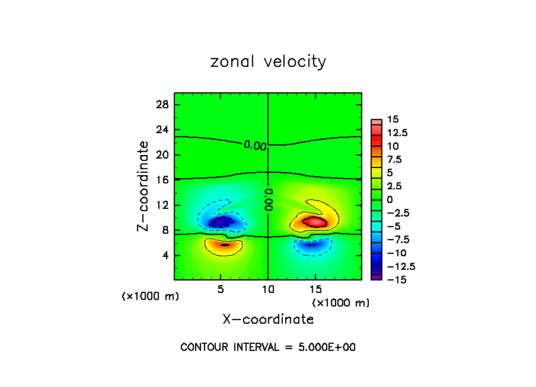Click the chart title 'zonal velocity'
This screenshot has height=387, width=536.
point(268,62)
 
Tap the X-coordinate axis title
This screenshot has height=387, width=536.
point(268,320)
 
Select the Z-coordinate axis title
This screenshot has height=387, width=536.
point(143,186)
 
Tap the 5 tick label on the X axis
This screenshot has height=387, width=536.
point(221,289)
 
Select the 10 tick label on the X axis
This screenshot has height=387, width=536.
point(268,289)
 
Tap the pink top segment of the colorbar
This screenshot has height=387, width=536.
point(377,122)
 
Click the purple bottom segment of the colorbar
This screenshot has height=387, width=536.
point(377,276)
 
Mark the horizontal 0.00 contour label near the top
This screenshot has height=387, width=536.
point(255,146)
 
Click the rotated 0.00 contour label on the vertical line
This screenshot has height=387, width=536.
point(268,200)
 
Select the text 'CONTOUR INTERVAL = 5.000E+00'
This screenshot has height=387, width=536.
point(268,347)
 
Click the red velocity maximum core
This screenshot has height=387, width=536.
point(315,222)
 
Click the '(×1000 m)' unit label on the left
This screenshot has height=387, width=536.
point(150,296)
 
